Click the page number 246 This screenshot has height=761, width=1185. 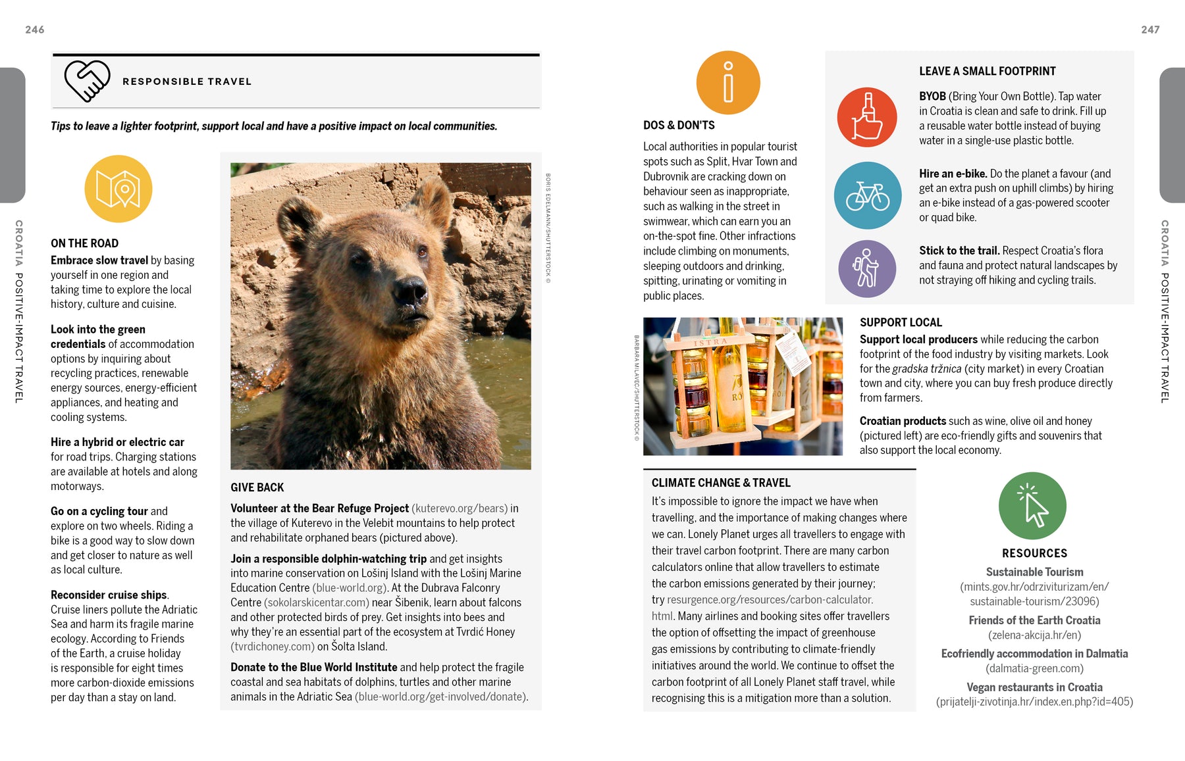click(x=35, y=30)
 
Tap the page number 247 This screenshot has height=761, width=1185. click(x=1150, y=30)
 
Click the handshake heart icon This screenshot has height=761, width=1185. click(x=87, y=81)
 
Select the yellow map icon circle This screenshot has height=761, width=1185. click(x=118, y=189)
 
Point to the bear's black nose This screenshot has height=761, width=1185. click(x=410, y=290)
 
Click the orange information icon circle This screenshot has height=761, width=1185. click(x=728, y=83)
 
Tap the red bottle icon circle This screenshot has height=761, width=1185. click(x=867, y=117)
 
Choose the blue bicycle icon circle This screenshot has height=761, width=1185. click(x=868, y=195)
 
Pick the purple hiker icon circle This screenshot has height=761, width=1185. click(x=867, y=268)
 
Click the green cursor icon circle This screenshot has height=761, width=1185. click(x=1032, y=506)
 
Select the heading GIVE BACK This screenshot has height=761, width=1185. click(x=257, y=487)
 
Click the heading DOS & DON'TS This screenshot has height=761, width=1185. click(x=679, y=125)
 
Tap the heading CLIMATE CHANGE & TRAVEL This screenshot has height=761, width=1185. click(x=721, y=483)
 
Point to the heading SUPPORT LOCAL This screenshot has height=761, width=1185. click(x=901, y=322)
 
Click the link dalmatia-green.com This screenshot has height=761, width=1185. click(x=1034, y=668)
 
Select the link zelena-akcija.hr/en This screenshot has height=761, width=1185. click(x=1034, y=635)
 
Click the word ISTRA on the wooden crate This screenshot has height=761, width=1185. click(x=710, y=343)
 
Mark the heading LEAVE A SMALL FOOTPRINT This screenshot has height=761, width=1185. click(x=987, y=71)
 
